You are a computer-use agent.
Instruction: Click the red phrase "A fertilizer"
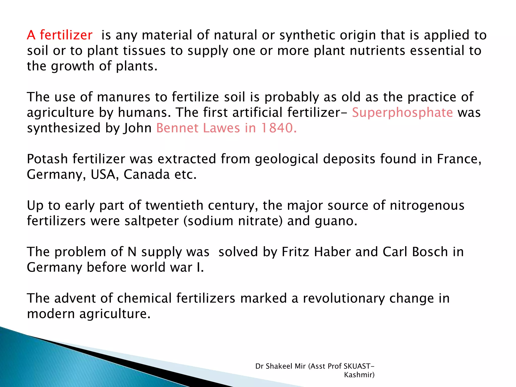tap(60, 35)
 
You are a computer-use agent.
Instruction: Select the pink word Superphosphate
tap(402, 113)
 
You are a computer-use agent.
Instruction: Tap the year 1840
tap(279, 128)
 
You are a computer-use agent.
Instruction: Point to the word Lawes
tap(221, 128)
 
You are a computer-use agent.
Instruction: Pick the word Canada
tap(147, 175)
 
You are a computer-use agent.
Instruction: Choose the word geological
tap(286, 159)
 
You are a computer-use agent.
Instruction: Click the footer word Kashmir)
tap(359, 375)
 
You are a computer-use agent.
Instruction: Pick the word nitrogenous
tap(427, 206)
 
